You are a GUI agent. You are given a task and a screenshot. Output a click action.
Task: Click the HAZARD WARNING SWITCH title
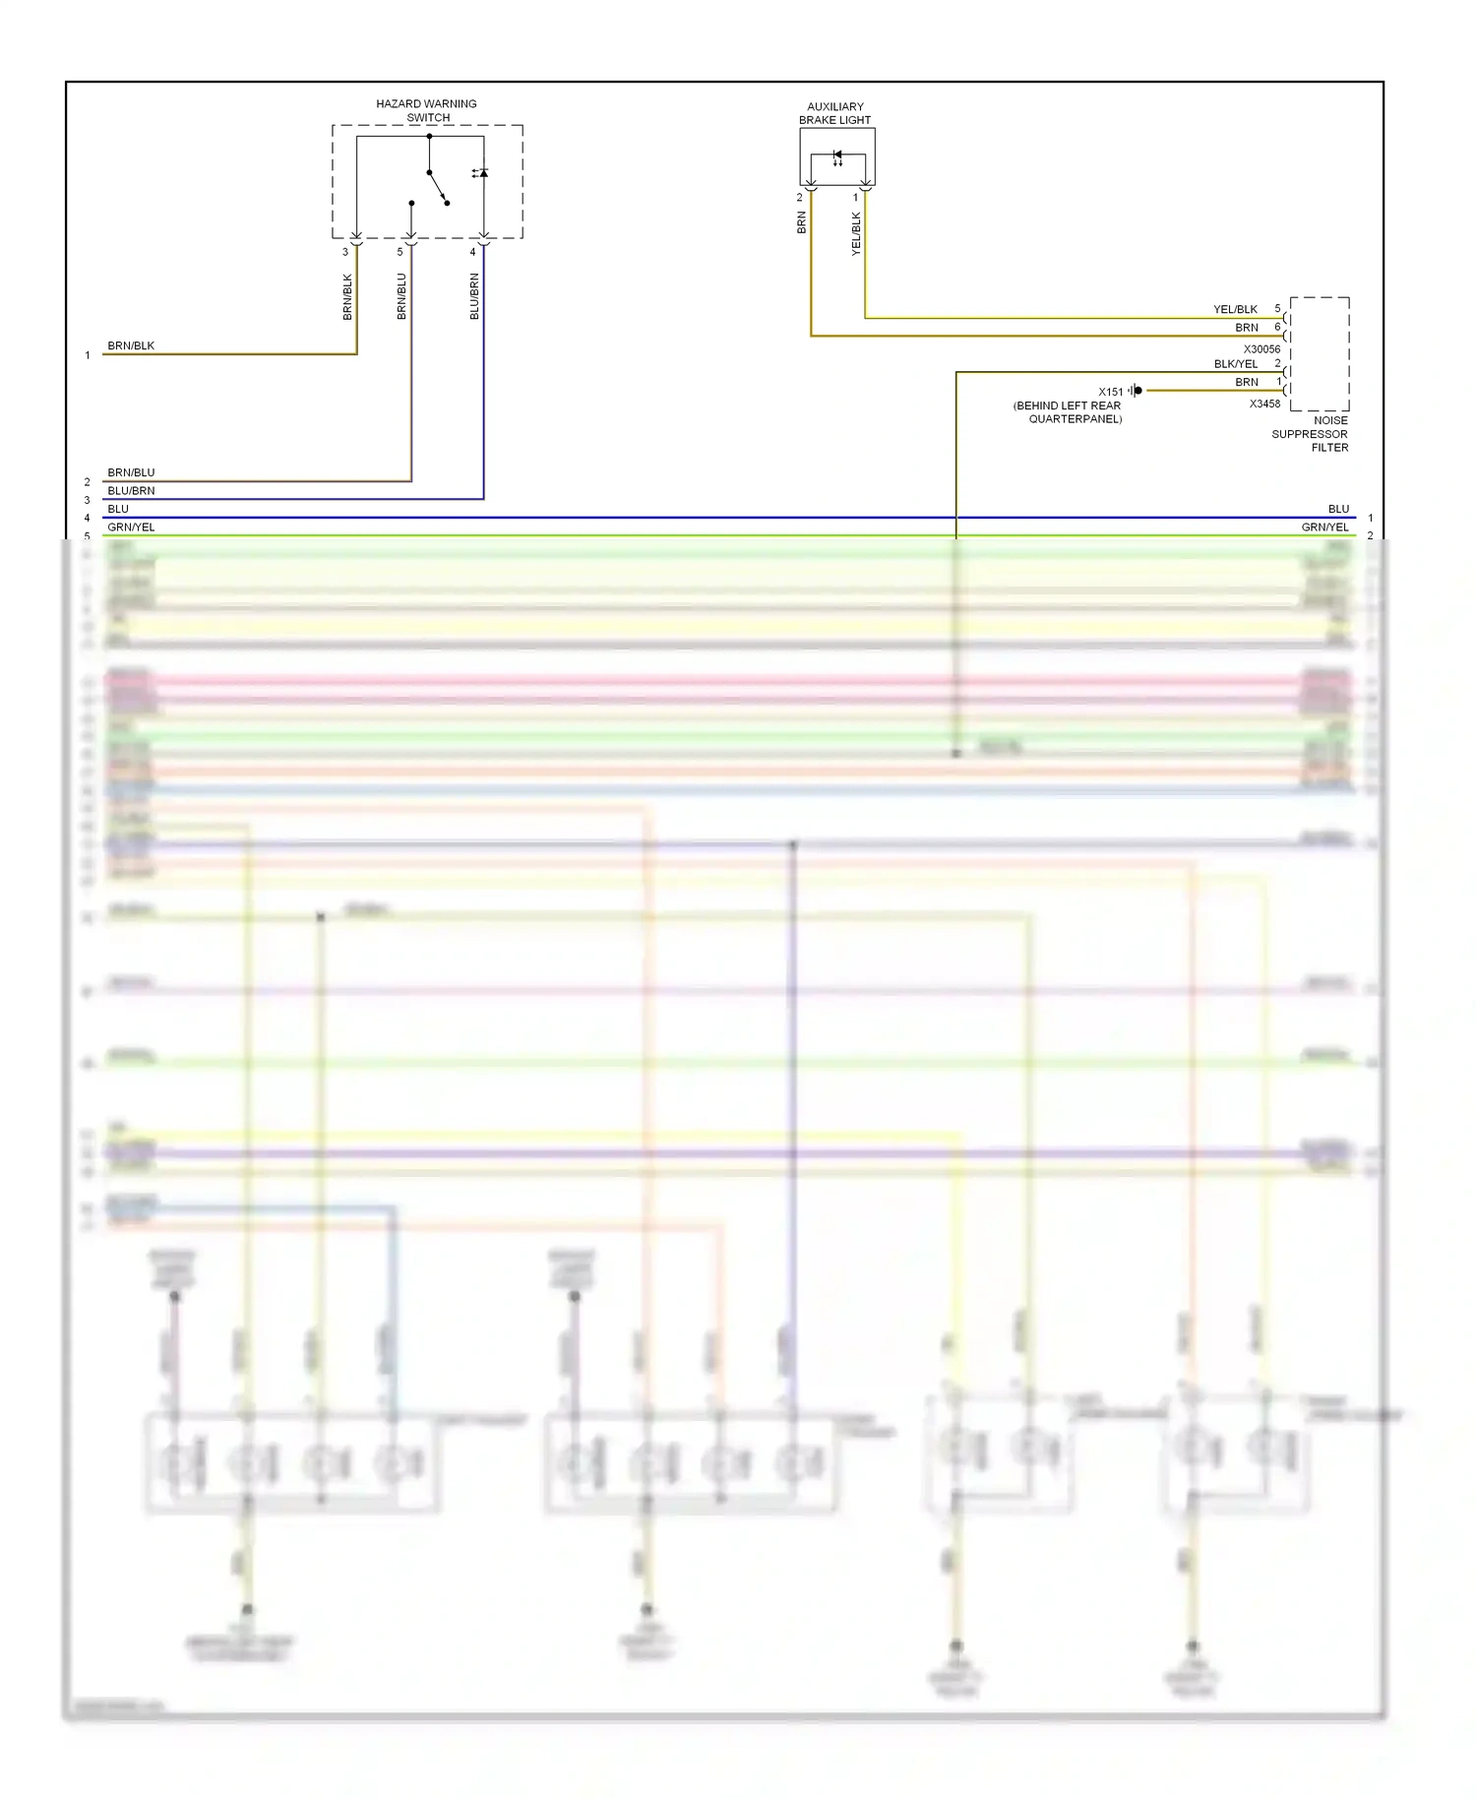coord(426,110)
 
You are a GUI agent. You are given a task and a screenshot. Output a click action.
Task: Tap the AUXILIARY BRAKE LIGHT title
coord(834,113)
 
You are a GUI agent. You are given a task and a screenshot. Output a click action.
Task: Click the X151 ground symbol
coord(1137,391)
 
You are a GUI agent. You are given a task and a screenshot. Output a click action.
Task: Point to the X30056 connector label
coord(1261,349)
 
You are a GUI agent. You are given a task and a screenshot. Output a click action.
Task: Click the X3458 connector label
coord(1264,403)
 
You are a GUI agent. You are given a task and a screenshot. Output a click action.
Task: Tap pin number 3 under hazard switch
coord(345,252)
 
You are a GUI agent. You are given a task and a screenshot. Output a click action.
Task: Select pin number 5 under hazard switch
coord(400,252)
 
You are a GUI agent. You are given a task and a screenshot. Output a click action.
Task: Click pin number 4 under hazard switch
coord(472,252)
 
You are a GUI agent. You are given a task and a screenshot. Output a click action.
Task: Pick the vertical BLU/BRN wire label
coord(474,296)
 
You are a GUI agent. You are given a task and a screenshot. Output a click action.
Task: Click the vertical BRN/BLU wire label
coord(401,296)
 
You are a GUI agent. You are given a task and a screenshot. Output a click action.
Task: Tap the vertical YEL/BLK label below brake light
coord(856,234)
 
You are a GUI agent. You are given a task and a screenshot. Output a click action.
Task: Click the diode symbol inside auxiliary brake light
coord(837,156)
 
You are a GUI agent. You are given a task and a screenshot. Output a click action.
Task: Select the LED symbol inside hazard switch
coord(481,173)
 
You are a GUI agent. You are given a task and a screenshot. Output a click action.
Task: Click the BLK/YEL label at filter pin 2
coord(1235,364)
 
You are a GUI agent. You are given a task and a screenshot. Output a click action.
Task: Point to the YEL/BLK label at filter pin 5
coord(1235,309)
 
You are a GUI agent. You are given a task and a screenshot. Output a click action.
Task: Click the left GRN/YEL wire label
coord(131,527)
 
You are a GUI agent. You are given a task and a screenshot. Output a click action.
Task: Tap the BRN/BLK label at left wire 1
coord(131,346)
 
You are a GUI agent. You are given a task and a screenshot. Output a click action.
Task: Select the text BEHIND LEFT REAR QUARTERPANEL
coord(1068,412)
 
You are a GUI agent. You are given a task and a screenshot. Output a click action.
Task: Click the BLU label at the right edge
coord(1338,509)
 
